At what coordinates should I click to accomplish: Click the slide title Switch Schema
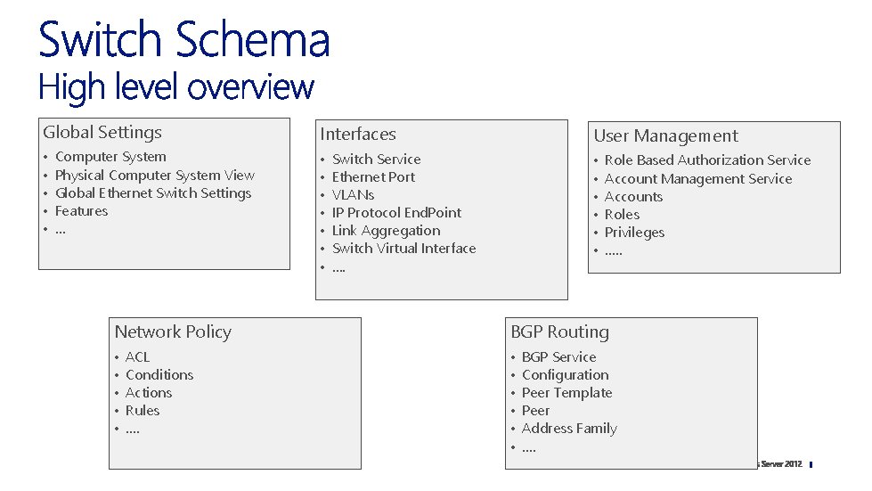coord(183,40)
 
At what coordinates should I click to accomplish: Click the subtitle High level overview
coord(176,87)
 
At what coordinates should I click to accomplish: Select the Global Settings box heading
coord(102,133)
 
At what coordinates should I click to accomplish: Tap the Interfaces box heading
coord(358,135)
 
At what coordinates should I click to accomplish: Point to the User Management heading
coord(665,136)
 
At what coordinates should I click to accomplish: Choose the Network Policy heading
coord(173,332)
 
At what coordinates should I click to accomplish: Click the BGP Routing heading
coord(559,332)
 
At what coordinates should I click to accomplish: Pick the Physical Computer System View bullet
coord(154,176)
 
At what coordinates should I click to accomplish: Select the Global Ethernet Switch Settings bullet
coord(153,193)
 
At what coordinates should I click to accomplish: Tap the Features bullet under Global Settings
coord(81,211)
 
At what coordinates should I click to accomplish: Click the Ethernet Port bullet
coord(373,177)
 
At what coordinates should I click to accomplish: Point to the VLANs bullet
coord(353,195)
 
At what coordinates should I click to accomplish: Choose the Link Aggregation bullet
coord(386,231)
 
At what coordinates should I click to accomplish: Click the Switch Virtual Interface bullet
coord(403,249)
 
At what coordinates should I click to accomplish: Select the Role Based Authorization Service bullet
coord(707,160)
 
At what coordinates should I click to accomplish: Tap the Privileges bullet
coord(634,233)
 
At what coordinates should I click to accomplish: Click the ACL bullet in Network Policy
coord(137,357)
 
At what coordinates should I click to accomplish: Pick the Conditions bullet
coord(159,375)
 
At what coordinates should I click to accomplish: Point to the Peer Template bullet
coord(566,393)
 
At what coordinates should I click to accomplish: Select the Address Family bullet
coord(569,429)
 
